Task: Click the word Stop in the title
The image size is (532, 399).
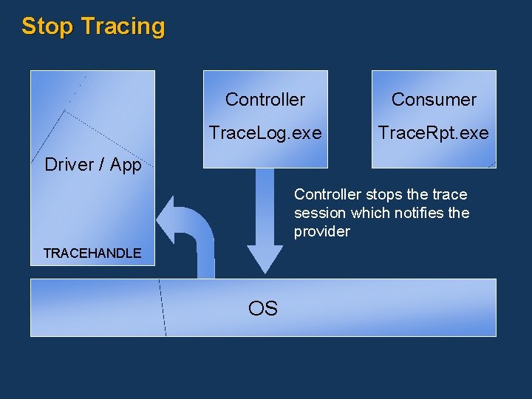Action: (48, 27)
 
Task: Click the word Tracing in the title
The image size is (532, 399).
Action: (123, 27)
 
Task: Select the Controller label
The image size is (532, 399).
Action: (265, 100)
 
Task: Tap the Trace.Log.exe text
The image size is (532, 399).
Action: (265, 133)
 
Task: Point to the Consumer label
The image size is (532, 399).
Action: (434, 100)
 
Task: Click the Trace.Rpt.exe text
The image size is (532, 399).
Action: (434, 133)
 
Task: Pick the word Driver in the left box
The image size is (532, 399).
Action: (69, 165)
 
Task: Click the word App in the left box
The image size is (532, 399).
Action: (126, 165)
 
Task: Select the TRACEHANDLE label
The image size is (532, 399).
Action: (92, 253)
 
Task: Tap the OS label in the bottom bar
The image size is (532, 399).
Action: (263, 308)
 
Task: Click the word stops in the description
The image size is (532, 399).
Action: (385, 195)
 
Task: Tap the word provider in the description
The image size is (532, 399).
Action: (322, 232)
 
